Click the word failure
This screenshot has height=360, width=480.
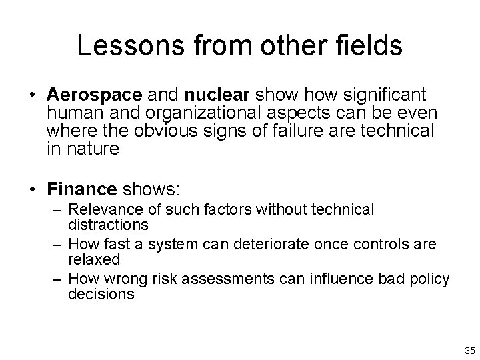[x=303, y=132]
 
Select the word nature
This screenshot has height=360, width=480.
[x=93, y=149]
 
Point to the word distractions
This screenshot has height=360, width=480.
[x=108, y=225]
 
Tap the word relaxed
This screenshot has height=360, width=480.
[x=94, y=259]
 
